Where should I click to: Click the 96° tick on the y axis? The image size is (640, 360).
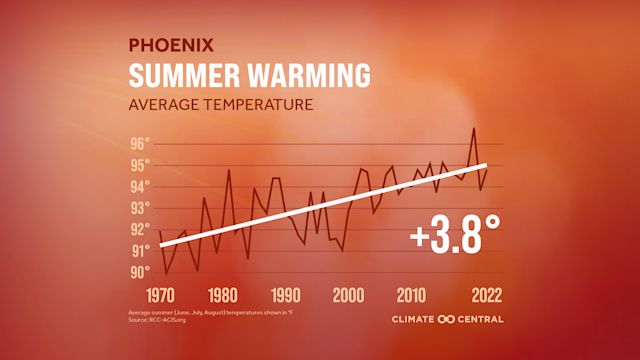(x=140, y=143)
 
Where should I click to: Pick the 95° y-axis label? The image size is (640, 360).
(x=140, y=165)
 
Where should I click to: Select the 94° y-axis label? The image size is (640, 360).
(x=140, y=186)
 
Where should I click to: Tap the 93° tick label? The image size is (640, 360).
(x=140, y=208)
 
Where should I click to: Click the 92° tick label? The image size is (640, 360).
(x=140, y=229)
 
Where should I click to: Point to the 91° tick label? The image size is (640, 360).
(x=140, y=251)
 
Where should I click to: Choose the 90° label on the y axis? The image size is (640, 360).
(x=140, y=272)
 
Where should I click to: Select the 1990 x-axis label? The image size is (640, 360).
(x=285, y=297)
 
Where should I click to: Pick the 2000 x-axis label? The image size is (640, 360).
(x=348, y=297)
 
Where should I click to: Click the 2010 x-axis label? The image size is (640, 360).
(x=411, y=297)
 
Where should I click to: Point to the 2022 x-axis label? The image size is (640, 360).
(x=481, y=297)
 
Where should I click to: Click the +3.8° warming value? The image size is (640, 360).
(x=455, y=237)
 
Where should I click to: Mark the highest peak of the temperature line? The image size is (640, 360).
(x=474, y=128)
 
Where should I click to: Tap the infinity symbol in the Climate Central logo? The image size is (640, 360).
(x=445, y=320)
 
